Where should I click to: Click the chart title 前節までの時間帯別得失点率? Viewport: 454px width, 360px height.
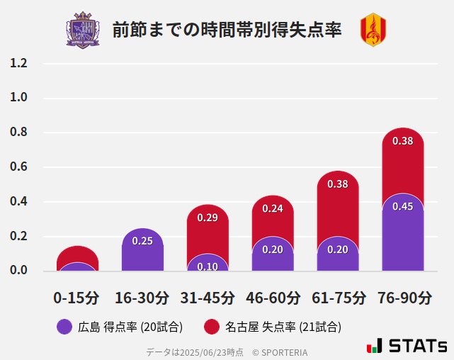tap(227, 30)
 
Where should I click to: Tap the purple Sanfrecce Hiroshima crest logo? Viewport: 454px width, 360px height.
tap(83, 30)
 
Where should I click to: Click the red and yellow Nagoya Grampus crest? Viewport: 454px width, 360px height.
tap(373, 30)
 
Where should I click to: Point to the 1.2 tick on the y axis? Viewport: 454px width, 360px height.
tap(18, 63)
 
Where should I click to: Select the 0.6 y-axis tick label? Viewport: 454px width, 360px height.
tap(18, 167)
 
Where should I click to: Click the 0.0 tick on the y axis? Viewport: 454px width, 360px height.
tap(18, 271)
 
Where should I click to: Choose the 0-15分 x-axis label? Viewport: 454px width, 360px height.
tap(76, 298)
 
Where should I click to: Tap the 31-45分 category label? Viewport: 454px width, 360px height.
tap(208, 298)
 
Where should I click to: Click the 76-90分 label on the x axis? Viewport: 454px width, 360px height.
tap(403, 298)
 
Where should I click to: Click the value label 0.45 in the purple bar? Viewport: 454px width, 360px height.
tap(402, 206)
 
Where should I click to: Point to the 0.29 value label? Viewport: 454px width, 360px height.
tap(208, 218)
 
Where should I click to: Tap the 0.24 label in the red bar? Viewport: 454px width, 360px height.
tap(273, 208)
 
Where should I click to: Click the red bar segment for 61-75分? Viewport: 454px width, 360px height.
tap(338, 206)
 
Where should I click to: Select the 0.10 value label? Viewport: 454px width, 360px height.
tap(208, 266)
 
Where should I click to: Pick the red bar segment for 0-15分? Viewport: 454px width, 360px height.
tap(77, 254)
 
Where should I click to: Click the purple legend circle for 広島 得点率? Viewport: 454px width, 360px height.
tap(64, 327)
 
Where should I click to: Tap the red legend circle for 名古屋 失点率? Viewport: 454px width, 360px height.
tap(211, 327)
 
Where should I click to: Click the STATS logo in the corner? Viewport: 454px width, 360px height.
tap(407, 346)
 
